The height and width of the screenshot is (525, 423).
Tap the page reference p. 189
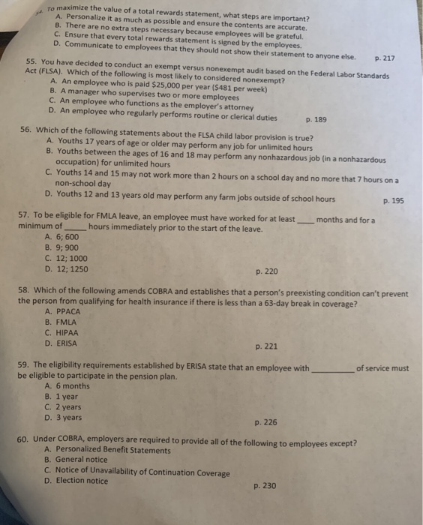(316, 118)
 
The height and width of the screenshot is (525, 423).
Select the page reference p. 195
(393, 200)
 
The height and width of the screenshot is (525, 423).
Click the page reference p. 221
(266, 346)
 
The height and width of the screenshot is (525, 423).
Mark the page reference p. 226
(266, 422)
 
